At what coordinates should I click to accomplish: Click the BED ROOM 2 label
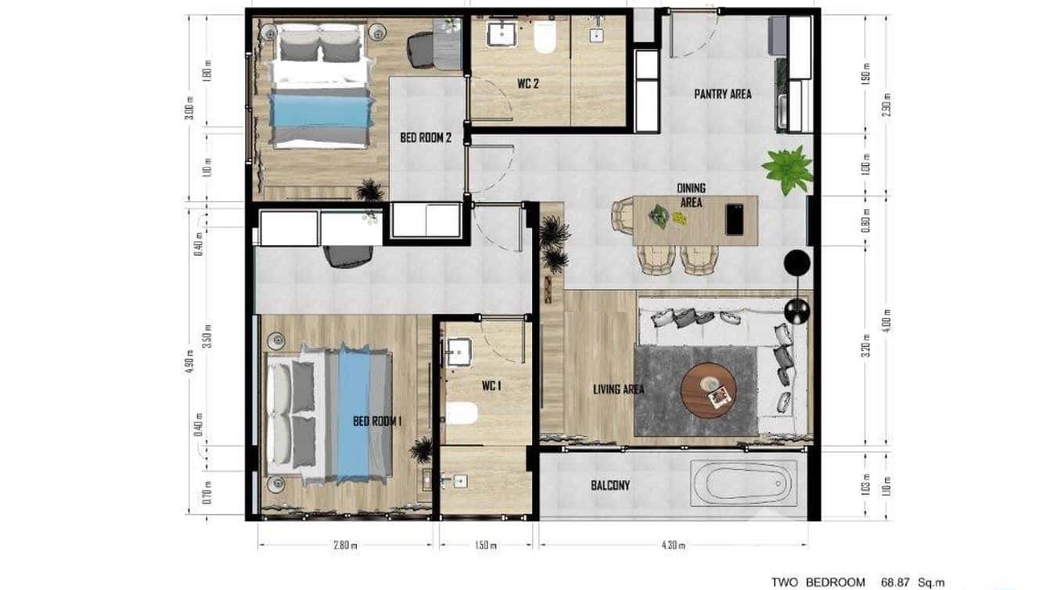[426, 138]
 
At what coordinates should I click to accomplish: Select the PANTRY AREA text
[722, 94]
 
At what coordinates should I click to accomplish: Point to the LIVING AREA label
[618, 388]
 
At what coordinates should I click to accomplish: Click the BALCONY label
[610, 485]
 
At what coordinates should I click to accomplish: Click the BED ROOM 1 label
[377, 421]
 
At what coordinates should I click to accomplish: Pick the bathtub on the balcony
[743, 483]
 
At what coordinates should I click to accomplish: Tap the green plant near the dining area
[788, 168]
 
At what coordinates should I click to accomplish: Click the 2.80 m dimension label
[344, 545]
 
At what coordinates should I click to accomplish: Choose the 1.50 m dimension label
[485, 545]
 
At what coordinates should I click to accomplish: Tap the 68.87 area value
[897, 582]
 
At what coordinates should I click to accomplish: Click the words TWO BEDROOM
[818, 582]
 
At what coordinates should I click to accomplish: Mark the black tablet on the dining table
[735, 218]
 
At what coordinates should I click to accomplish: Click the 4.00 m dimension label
[886, 321]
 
